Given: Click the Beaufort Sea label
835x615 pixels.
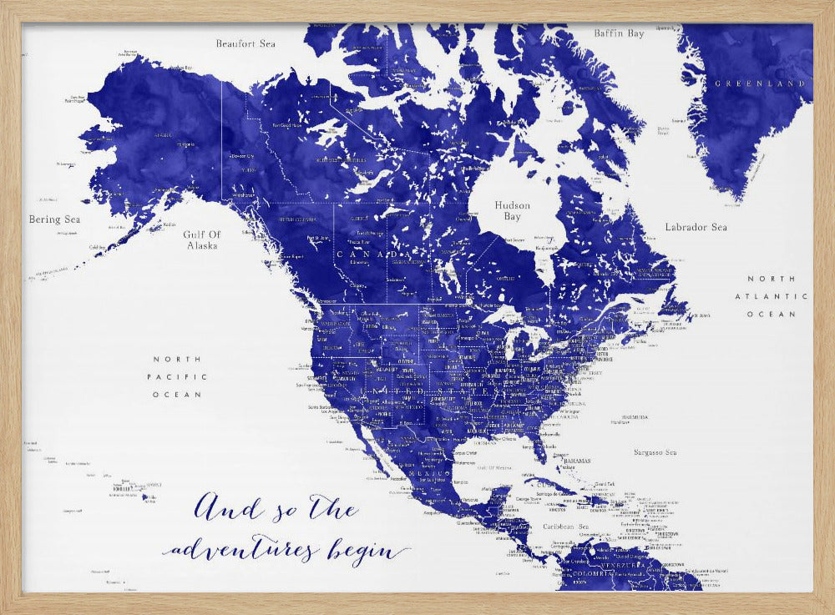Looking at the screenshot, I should click(245, 43).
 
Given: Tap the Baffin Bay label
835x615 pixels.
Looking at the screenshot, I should click(619, 34).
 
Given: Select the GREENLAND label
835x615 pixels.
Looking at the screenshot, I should click(760, 83).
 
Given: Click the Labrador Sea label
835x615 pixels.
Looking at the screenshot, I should click(696, 227).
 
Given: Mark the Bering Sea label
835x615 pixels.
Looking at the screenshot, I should click(55, 219).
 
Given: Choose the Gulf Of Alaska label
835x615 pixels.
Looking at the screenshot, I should click(200, 240).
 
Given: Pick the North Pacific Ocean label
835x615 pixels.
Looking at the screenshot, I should click(177, 376).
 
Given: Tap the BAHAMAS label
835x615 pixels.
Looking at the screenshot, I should click(576, 461).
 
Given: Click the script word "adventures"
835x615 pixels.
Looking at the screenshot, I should click(241, 551).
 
